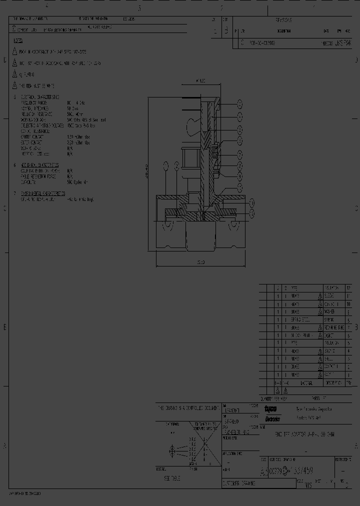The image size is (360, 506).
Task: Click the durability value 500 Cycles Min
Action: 77,182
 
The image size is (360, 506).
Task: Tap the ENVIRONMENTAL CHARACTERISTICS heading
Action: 42,193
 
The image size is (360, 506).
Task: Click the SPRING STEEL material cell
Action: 300,319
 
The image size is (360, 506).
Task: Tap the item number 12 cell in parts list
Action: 348,288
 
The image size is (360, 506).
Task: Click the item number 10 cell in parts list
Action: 348,303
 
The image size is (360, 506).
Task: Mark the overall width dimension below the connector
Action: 199,262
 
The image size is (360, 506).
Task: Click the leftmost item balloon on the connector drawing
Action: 165,165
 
